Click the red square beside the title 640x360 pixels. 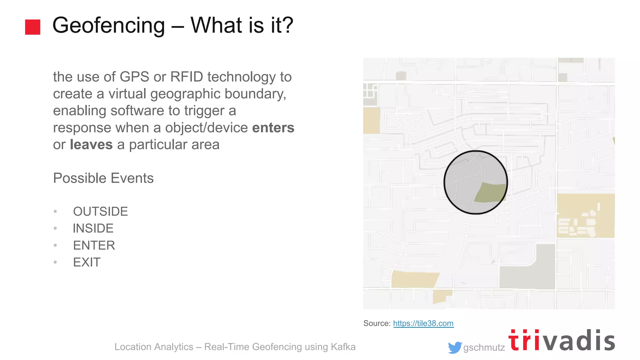[x=32, y=27]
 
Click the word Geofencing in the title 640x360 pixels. [x=108, y=26]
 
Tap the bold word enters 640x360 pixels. [x=273, y=127]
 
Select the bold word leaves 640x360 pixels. [x=91, y=144]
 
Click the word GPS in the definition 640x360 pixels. [x=134, y=77]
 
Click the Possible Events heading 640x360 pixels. [x=103, y=178]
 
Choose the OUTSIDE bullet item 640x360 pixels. [x=100, y=212]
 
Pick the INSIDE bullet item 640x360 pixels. [x=93, y=228]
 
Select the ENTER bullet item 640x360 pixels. [x=94, y=245]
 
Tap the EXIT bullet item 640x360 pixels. [x=87, y=262]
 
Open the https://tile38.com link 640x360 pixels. [x=423, y=323]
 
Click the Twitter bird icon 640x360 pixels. [x=454, y=347]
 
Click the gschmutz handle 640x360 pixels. [x=484, y=347]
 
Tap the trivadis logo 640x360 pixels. [x=561, y=341]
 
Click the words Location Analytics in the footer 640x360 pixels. [x=154, y=347]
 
